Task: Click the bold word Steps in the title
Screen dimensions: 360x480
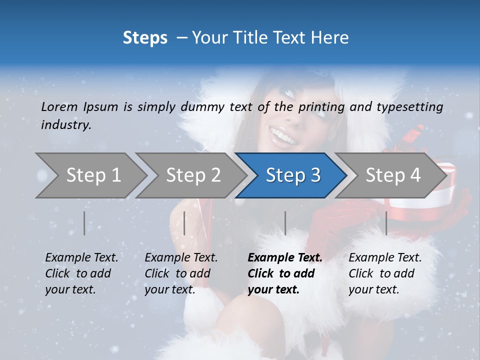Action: coord(145,38)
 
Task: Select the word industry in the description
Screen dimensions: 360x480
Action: coord(66,124)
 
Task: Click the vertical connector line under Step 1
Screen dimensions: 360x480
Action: coord(84,223)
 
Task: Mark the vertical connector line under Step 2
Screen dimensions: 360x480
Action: coord(184,223)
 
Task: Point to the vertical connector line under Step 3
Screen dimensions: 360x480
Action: coord(285,223)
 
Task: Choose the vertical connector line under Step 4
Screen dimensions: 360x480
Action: coord(386,223)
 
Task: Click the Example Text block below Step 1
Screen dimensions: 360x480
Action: coord(81,273)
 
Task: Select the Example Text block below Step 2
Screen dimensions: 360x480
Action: coord(181,273)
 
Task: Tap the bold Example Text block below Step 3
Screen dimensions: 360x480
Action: coord(285,273)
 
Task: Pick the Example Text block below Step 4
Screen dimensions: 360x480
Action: coord(385,273)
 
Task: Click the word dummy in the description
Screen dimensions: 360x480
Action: coord(203,106)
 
